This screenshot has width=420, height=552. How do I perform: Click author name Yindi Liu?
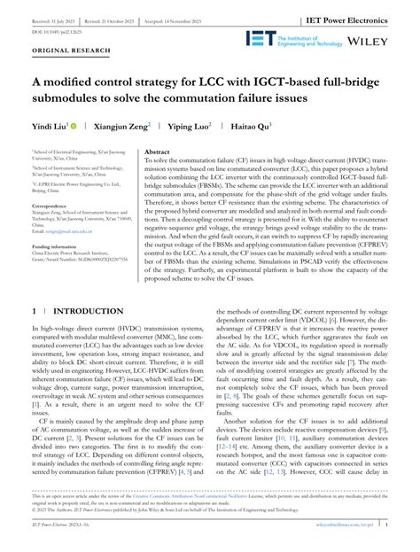49,126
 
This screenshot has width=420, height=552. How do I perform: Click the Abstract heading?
158,152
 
